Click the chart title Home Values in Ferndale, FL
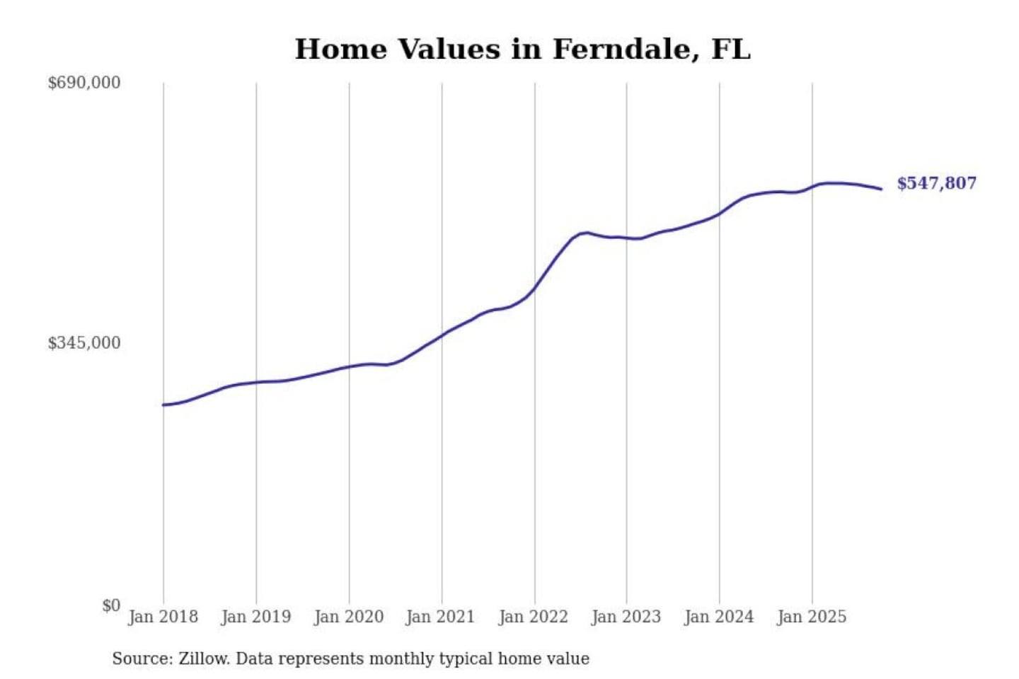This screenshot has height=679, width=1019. pyautogui.click(x=522, y=50)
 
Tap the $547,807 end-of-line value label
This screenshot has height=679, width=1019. pyautogui.click(x=936, y=183)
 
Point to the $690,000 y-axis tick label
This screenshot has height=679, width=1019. pyautogui.click(x=84, y=83)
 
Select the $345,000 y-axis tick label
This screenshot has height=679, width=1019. pyautogui.click(x=84, y=343)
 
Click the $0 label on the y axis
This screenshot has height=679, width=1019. pyautogui.click(x=111, y=605)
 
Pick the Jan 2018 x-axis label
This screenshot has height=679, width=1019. pyautogui.click(x=163, y=617)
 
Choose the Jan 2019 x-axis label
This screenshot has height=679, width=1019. pyautogui.click(x=255, y=617)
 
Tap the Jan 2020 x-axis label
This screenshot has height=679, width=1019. pyautogui.click(x=348, y=617)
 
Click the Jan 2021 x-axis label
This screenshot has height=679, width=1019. pyautogui.click(x=440, y=617)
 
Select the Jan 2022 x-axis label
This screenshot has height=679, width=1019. pyautogui.click(x=534, y=617)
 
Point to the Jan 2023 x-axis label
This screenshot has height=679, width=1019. pyautogui.click(x=626, y=617)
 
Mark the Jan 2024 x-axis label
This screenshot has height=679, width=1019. pyautogui.click(x=719, y=617)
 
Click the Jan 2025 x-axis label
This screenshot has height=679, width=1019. pyautogui.click(x=812, y=617)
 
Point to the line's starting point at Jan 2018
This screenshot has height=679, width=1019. pyautogui.click(x=163, y=405)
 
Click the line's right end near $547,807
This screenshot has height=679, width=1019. pyautogui.click(x=881, y=189)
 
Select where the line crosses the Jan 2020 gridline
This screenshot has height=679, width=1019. pyautogui.click(x=349, y=366)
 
